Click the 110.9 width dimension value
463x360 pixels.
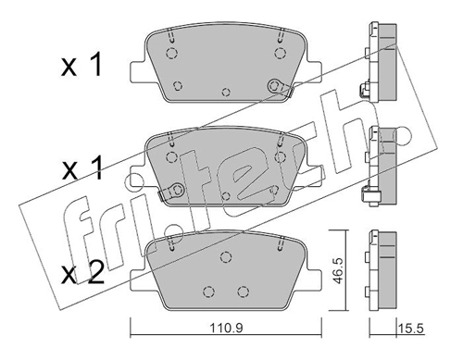pyautogui.click(x=227, y=328)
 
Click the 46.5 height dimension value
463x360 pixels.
pyautogui.click(x=338, y=270)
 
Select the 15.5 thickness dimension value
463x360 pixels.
pyautogui.click(x=411, y=329)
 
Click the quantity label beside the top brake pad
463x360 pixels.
pyautogui.click(x=81, y=66)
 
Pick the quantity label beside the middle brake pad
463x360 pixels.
pyautogui.click(x=82, y=168)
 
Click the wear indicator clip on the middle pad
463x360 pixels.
pyautogui.click(x=171, y=192)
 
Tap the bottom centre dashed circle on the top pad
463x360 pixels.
pyautogui.click(x=226, y=92)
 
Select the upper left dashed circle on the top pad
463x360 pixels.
pyautogui.click(x=171, y=54)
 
